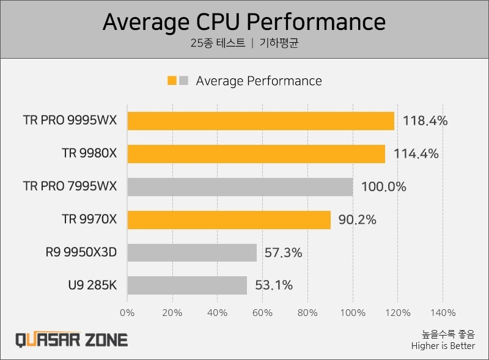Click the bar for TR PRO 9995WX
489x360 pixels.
pos(261,121)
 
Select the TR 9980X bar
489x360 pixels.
pos(256,154)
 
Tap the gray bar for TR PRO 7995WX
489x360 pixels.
pos(240,187)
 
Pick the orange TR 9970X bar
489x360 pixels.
pos(229,220)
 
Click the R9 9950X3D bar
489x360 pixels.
pos(192,252)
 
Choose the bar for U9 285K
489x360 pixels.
pos(187,285)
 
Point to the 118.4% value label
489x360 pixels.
pos(425,121)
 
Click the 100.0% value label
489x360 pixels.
pos(384,187)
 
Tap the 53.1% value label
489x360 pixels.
pos(274,285)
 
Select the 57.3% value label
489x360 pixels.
pos(283,252)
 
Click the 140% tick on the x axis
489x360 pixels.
pos(443,313)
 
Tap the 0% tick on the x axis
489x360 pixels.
pos(127,313)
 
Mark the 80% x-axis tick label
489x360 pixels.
pos(308,313)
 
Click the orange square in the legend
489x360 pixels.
pos(172,81)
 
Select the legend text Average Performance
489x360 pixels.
pos(259,81)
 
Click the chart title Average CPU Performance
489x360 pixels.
pos(244,22)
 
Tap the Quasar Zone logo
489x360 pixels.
pos(72,340)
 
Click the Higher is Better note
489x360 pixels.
pos(443,347)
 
